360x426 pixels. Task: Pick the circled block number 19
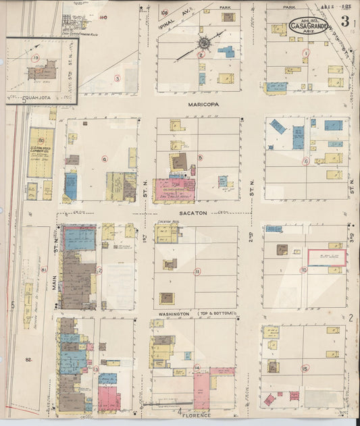click(35, 59)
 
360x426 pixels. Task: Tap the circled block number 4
click(104, 159)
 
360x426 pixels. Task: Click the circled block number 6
click(305, 161)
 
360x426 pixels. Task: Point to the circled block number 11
click(197, 271)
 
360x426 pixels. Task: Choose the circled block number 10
click(304, 270)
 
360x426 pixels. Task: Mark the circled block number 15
click(305, 368)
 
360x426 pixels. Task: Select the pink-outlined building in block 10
click(327, 257)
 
